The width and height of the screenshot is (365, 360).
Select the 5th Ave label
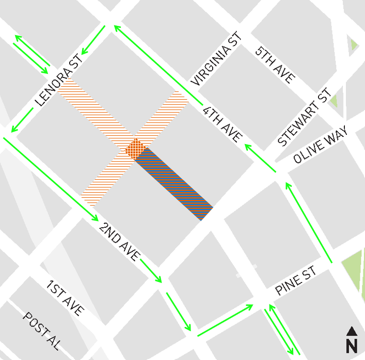pos(275,65)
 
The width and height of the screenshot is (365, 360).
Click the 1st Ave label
pos(65,299)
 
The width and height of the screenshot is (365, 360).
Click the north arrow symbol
pos(352,331)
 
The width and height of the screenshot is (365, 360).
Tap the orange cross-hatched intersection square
pos(135,149)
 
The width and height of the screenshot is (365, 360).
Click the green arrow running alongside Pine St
pos(225,320)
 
